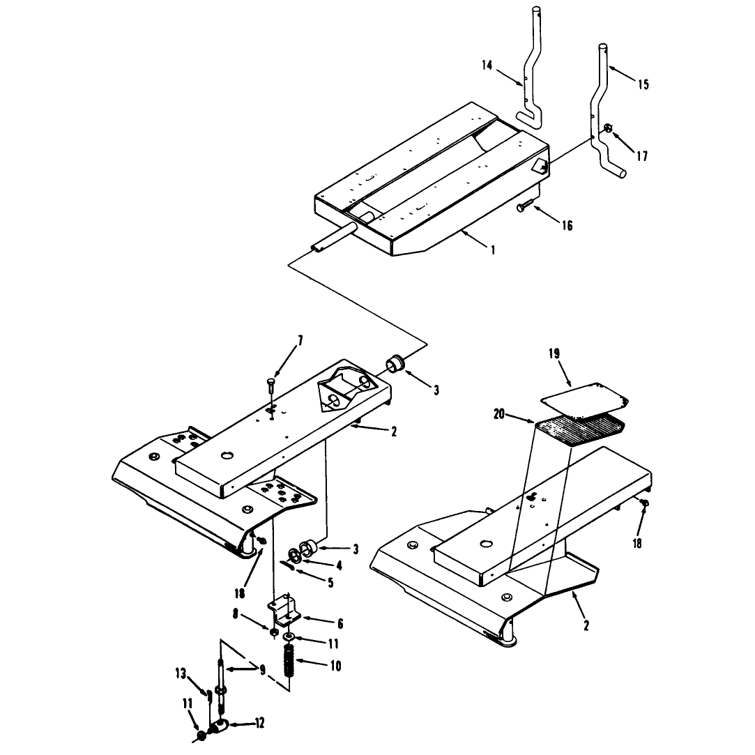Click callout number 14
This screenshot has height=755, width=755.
tap(487, 66)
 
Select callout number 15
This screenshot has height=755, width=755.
tap(643, 85)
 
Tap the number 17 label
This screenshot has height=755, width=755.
tap(642, 156)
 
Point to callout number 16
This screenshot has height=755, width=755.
tap(567, 225)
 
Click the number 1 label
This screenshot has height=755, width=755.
tap(493, 250)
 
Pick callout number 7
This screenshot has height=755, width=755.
tap(300, 341)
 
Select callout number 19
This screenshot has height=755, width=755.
tap(554, 354)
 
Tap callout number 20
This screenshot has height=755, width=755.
tap(499, 413)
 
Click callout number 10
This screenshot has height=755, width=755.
tap(335, 666)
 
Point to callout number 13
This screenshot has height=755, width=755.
tap(181, 673)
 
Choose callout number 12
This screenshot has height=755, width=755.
tap(259, 724)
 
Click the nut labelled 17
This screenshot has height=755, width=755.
tap(608, 128)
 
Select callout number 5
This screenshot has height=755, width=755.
tap(330, 583)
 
